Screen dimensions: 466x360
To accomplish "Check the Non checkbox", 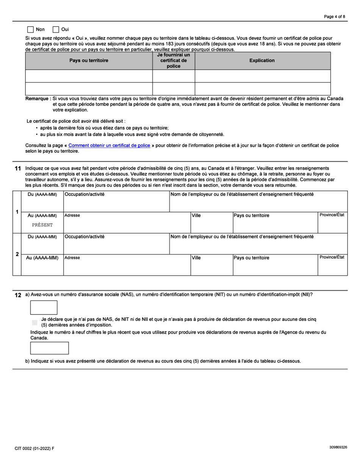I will point(31,30).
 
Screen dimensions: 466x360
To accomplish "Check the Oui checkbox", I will point(56,30).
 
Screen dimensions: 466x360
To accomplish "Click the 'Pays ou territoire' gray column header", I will point(89,61).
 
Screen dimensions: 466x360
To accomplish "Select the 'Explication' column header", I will point(262,61).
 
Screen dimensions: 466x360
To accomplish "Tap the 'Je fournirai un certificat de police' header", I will point(174,61).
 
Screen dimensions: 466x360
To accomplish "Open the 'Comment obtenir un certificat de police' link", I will point(109,145).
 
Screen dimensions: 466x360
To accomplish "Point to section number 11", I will point(18,168).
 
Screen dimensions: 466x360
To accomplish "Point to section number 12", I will point(18,295).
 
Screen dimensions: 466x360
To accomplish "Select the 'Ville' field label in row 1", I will point(196,216).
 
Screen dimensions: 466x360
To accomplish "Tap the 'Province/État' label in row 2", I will point(332,257).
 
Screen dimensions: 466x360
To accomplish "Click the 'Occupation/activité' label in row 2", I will point(85,237).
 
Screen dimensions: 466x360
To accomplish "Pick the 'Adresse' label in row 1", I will point(72,216).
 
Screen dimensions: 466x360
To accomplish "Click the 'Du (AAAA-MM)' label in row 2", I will point(42,237).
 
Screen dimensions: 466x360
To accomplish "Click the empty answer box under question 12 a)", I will point(44,308).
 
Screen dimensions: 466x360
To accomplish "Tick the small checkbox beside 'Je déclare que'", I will point(35,322).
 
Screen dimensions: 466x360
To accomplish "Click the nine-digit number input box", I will point(49,348).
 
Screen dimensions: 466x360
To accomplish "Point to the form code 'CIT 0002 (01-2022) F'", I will point(34,448).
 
